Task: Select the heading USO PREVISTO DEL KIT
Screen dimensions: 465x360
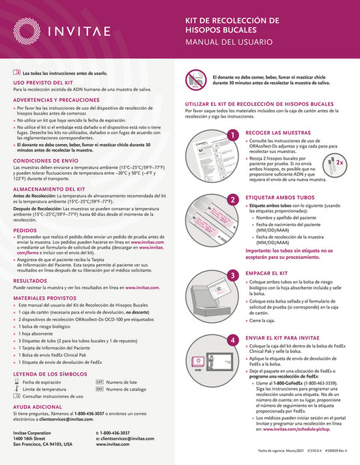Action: coord(42,81)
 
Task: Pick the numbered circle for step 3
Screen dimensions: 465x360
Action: coord(195,272)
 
